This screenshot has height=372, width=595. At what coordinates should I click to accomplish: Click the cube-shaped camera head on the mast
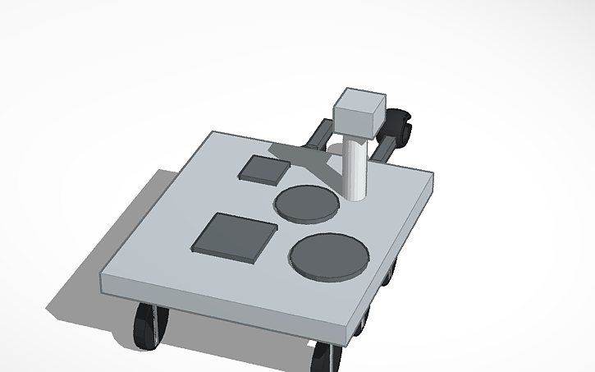click(x=357, y=113)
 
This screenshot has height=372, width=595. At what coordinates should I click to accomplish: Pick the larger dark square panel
click(x=235, y=237)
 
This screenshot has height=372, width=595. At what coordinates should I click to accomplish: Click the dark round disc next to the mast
click(x=305, y=203)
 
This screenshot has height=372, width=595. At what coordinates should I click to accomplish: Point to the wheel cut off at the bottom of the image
click(x=325, y=356)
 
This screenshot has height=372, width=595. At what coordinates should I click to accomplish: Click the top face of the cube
click(x=359, y=100)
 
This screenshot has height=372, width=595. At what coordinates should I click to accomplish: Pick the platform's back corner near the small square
click(x=215, y=132)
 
